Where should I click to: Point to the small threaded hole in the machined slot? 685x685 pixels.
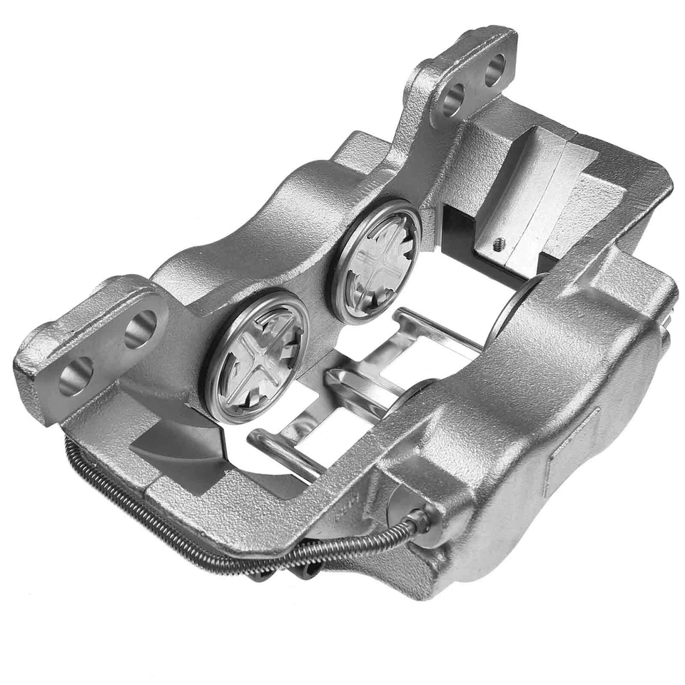point(499,243)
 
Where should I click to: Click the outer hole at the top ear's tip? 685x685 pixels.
point(494,68)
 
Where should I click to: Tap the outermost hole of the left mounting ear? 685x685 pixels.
point(75,376)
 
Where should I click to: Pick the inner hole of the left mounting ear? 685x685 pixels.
point(140,328)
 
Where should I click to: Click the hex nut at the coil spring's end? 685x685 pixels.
point(421,520)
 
